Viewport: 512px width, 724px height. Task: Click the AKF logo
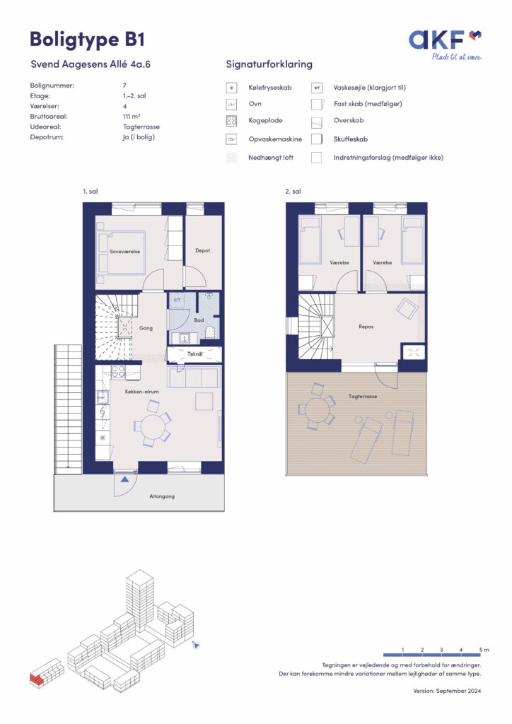tap(445, 45)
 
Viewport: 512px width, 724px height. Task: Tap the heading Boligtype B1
tap(87, 40)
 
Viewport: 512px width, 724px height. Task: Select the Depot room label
tap(203, 250)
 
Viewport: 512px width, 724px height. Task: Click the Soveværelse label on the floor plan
tap(124, 252)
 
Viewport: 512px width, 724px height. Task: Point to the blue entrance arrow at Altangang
tap(124, 479)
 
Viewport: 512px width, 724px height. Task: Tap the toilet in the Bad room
tap(209, 332)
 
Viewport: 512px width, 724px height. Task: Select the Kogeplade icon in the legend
tap(231, 121)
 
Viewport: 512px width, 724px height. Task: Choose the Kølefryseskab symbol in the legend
tap(231, 88)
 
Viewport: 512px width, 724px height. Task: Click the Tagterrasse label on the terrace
tap(363, 396)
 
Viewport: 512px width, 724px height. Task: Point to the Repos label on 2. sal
tap(366, 327)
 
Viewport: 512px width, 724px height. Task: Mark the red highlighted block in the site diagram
tap(35, 678)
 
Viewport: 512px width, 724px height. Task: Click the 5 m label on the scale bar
tap(484, 650)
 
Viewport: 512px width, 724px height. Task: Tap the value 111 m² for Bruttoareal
tap(132, 117)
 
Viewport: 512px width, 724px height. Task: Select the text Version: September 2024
tap(447, 691)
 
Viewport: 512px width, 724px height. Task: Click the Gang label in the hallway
tap(146, 328)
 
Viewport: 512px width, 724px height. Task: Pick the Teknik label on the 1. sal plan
tap(194, 354)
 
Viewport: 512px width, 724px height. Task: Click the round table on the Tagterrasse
tap(318, 409)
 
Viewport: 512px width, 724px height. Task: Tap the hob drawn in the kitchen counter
tap(118, 371)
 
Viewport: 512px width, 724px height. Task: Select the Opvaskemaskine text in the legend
tap(275, 139)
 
